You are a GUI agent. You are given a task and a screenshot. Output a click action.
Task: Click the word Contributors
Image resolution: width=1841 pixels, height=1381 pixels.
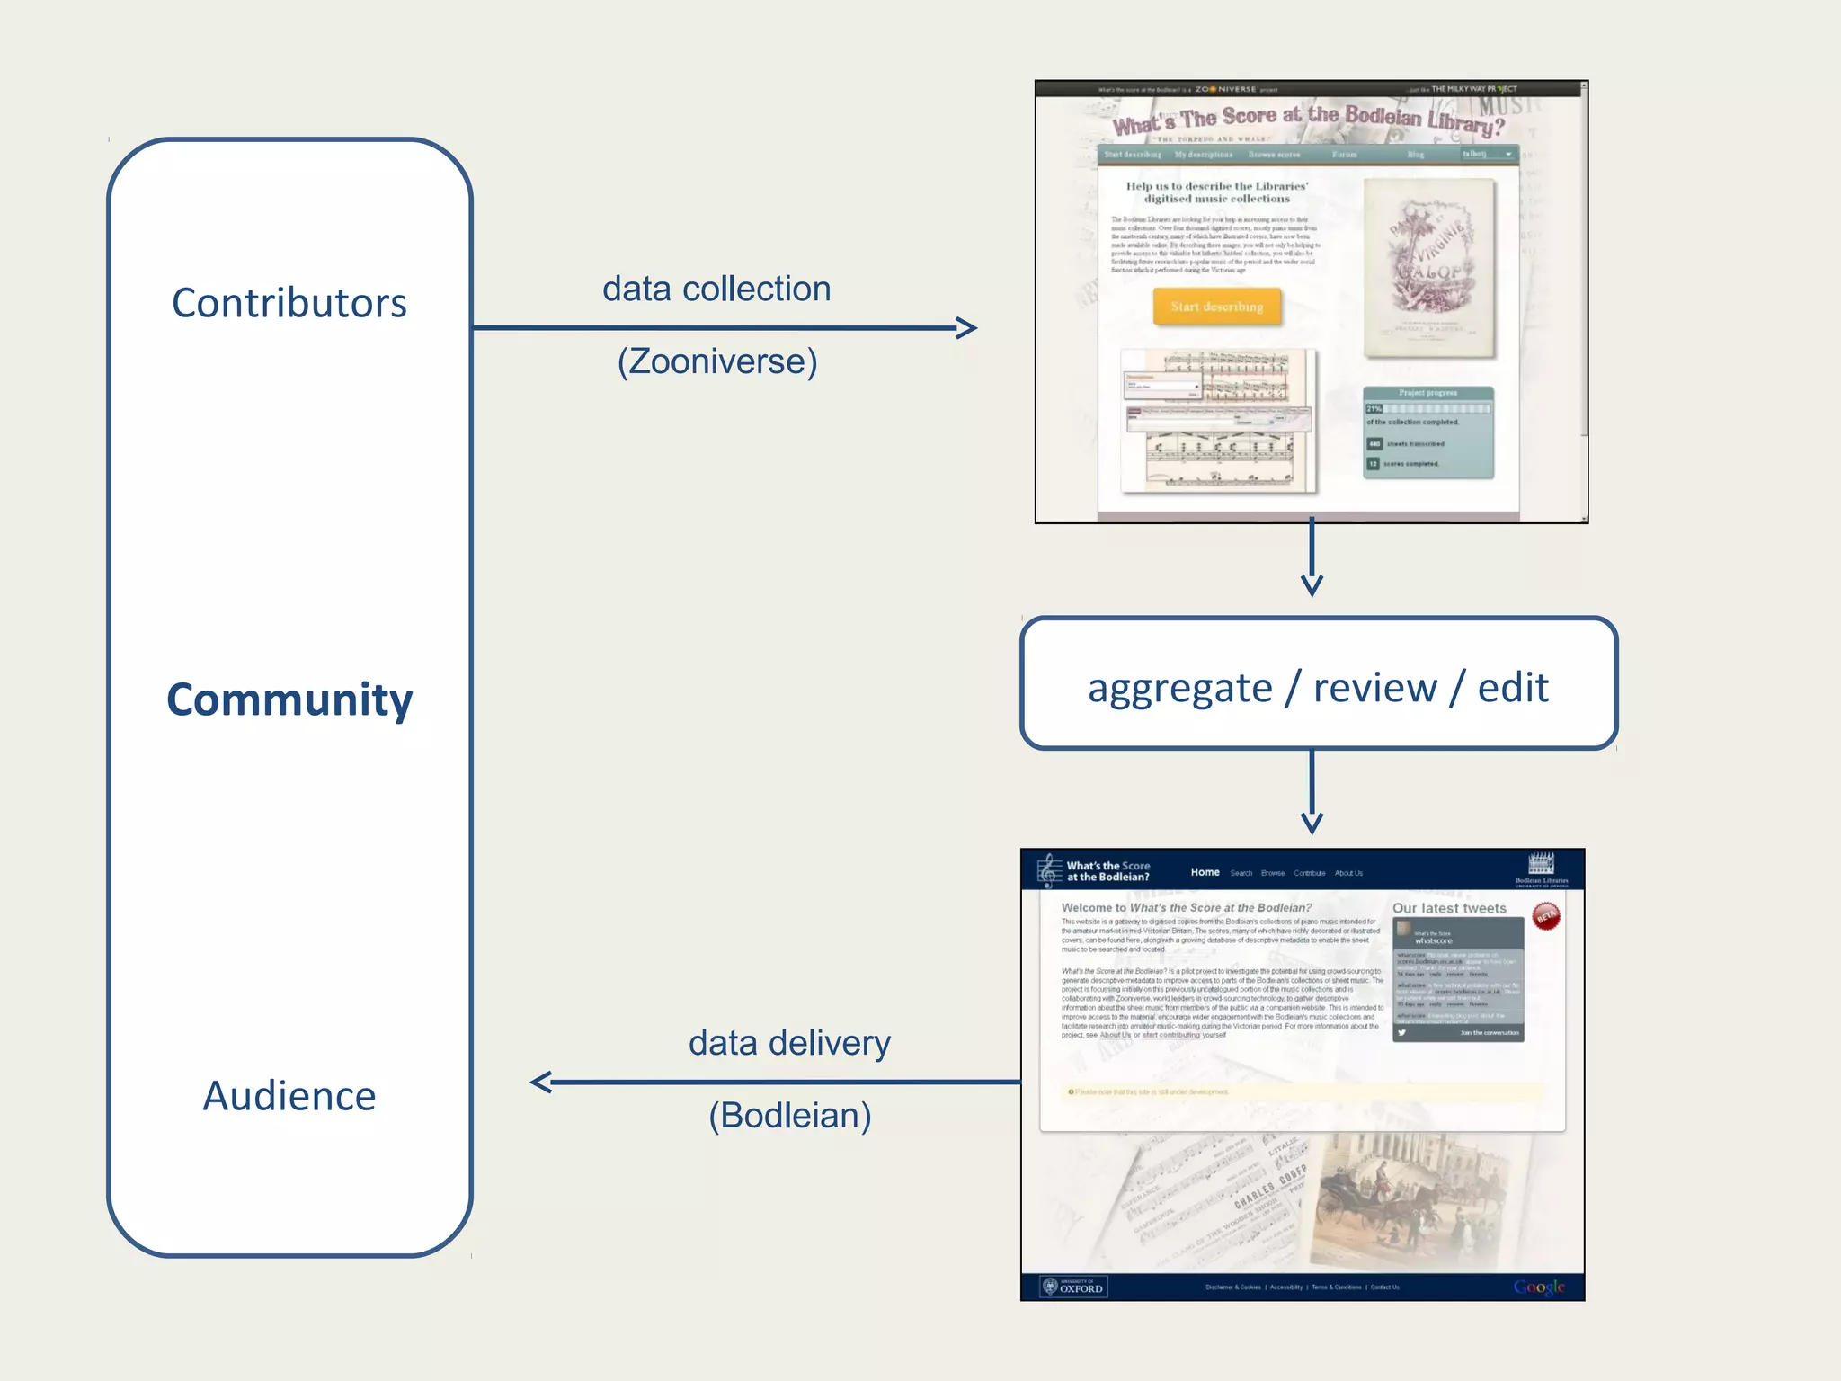pos(289,303)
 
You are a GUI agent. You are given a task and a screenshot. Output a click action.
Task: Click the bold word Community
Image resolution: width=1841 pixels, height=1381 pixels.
pos(289,699)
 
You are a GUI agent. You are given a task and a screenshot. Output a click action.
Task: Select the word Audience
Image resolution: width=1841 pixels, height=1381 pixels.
pos(289,1096)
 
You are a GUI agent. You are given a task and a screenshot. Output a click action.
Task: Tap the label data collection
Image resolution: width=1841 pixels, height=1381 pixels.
pos(716,290)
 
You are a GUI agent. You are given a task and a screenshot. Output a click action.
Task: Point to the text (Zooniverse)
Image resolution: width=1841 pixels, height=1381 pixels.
pos(717,361)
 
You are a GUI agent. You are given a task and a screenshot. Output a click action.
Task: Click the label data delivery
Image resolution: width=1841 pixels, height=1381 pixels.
pos(789,1043)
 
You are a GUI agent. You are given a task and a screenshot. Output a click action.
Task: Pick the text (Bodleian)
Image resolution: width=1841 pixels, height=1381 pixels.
pos(789,1115)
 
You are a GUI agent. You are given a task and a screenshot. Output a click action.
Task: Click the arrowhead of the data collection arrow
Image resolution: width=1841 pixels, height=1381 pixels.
pos(968,328)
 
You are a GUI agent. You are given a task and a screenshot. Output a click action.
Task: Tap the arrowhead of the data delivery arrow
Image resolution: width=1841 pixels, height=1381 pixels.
pos(540,1082)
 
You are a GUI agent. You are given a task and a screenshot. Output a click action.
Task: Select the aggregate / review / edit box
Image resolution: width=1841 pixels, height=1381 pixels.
pos(1318,683)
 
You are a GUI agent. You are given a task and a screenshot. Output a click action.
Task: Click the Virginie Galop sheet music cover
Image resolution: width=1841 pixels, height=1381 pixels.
pos(1429,268)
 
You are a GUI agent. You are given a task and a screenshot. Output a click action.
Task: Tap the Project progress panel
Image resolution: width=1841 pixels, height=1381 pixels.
pos(1427,432)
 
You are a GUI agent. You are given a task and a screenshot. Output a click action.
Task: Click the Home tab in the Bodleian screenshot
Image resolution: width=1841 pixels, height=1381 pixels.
pos(1205,872)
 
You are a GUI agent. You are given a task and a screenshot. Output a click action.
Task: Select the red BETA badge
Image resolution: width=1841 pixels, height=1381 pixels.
pos(1546,916)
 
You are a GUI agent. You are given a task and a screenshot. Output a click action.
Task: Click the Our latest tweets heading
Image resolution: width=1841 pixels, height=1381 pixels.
pos(1449,908)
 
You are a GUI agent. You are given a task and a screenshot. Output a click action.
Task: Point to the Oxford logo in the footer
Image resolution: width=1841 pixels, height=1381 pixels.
pos(1073,1287)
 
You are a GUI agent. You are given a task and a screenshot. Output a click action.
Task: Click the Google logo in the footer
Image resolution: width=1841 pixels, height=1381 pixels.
pos(1538,1287)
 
